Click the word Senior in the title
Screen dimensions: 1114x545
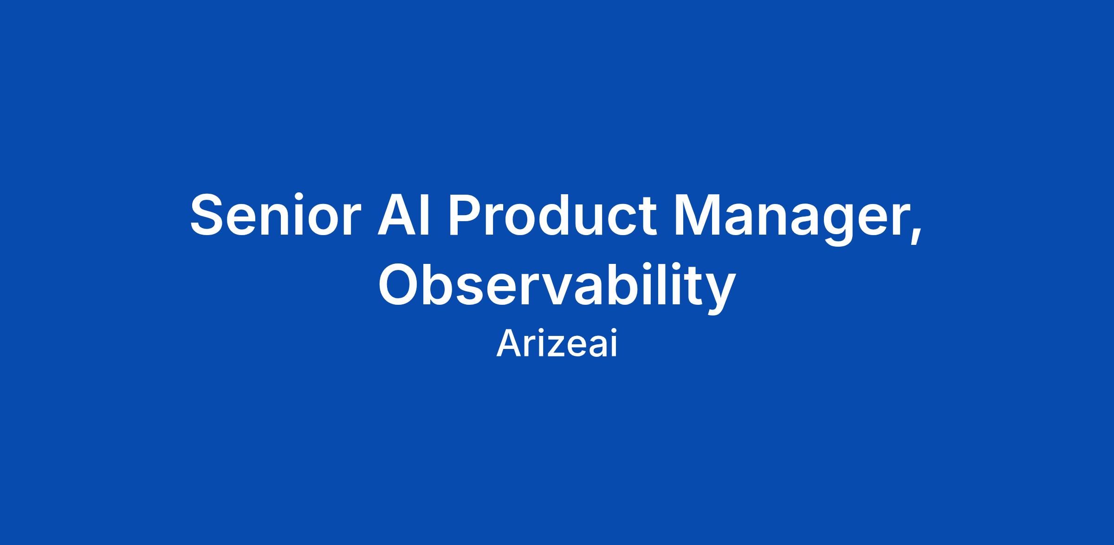pyautogui.click(x=276, y=216)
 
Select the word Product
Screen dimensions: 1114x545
pyautogui.click(x=552, y=216)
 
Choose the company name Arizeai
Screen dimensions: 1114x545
pyautogui.click(x=557, y=344)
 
